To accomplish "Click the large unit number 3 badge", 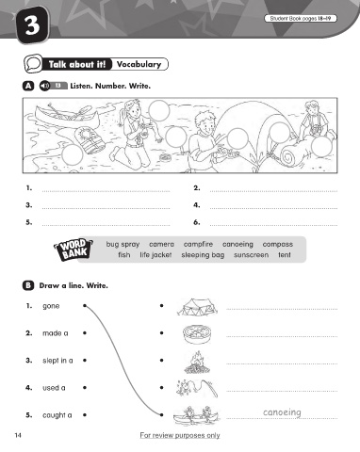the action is [32, 25].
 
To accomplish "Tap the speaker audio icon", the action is [44, 86].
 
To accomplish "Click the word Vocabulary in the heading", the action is [139, 64].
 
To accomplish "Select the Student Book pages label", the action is [301, 19].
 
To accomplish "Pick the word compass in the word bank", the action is [278, 244].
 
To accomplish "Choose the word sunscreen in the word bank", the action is [251, 255].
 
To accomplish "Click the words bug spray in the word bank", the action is [123, 245].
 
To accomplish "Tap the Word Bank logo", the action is [74, 250].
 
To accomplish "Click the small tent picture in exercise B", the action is [197, 307].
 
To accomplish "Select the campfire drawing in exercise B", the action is [197, 363].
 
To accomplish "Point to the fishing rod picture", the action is [197, 389].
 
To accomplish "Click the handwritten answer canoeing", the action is [282, 412].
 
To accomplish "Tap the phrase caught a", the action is [57, 415].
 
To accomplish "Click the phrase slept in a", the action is [57, 361].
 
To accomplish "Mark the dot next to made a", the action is [85, 333].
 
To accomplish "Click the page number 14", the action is [18, 435].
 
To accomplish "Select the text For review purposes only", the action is [180, 435].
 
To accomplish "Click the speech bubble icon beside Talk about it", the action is [33, 64].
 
